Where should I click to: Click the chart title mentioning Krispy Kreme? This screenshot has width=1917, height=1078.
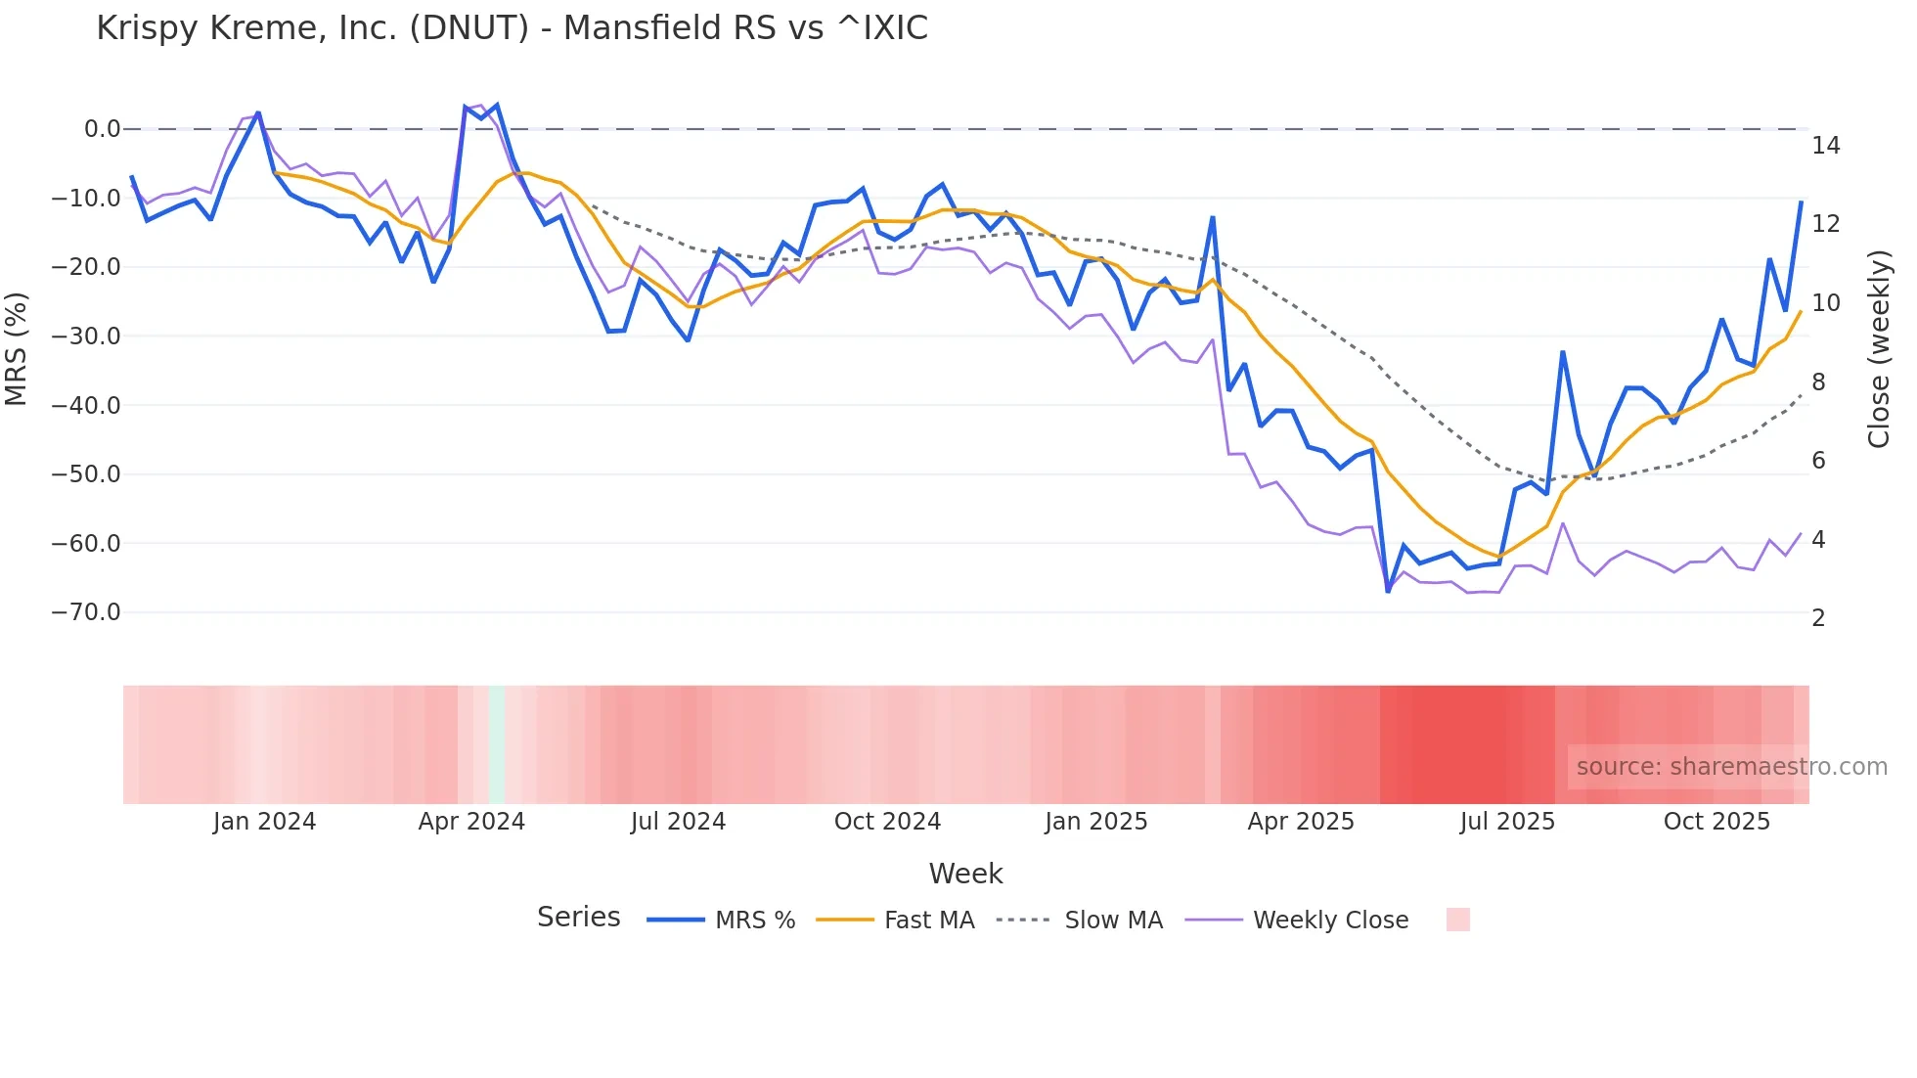tap(512, 28)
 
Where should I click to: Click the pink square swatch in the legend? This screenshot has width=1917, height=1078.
tap(1457, 920)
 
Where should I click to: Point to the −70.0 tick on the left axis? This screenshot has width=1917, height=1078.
tap(86, 612)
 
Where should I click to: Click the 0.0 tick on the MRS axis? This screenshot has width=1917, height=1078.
tap(102, 129)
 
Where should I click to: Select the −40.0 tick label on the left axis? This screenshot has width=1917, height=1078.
tap(86, 405)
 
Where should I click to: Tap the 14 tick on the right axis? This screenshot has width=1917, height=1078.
tap(1825, 146)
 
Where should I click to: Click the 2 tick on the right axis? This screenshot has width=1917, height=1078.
tap(1818, 618)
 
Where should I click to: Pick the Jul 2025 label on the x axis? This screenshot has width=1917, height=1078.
tap(1507, 822)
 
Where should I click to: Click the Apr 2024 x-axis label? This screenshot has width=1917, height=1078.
tap(471, 822)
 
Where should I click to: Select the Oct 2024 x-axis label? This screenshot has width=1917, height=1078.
tap(887, 822)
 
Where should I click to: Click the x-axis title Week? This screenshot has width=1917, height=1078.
tap(965, 874)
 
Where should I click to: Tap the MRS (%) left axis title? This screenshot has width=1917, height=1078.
tap(17, 348)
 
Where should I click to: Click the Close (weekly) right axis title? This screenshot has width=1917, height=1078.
tap(1879, 349)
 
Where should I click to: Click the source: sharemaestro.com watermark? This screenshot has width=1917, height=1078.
tap(1731, 767)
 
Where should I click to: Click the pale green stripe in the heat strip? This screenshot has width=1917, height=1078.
tap(497, 744)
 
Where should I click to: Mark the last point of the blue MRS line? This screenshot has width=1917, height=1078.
tap(1801, 202)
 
